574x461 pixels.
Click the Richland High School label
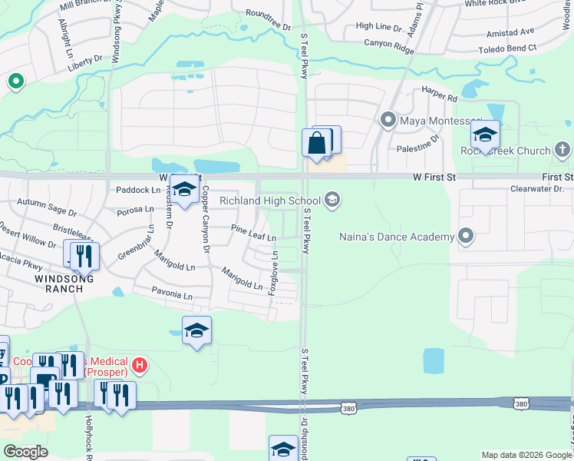(269, 201)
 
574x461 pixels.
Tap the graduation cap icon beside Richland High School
(332, 201)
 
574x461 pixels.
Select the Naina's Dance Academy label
(397, 237)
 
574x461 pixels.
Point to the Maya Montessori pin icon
(388, 120)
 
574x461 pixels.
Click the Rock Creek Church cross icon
(562, 150)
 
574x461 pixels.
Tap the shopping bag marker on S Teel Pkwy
(316, 143)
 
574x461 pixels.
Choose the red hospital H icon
(140, 364)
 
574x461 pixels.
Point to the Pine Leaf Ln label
(254, 232)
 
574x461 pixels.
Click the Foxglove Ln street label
(272, 277)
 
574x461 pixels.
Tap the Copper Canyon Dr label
(205, 219)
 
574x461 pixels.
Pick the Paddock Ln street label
(138, 189)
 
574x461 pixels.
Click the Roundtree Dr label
(269, 19)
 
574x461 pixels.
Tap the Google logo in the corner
(25, 452)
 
